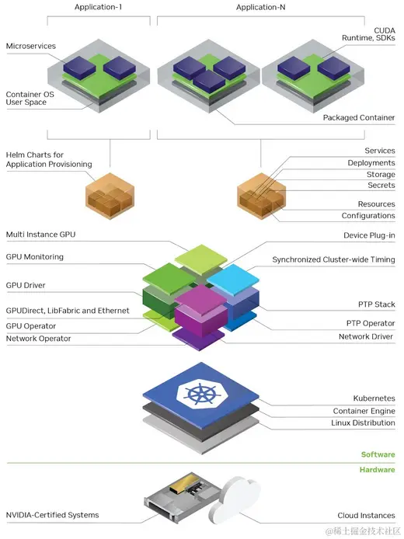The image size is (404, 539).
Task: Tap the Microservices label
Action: [31, 47]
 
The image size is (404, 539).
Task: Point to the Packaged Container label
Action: [359, 118]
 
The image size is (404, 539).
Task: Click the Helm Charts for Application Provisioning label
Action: [48, 159]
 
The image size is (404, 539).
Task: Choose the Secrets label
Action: [381, 186]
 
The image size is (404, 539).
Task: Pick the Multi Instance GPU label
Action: [41, 234]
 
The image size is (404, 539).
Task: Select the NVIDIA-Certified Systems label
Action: [52, 515]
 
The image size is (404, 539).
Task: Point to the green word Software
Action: [378, 455]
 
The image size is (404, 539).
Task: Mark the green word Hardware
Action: [377, 470]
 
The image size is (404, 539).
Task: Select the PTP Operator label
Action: [370, 323]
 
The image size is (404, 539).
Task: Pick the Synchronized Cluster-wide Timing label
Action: [333, 259]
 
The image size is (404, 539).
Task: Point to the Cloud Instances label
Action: [366, 515]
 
